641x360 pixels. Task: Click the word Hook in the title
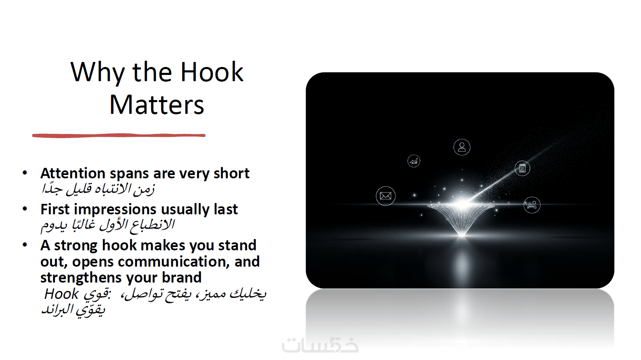point(212,72)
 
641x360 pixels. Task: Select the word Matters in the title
point(157,105)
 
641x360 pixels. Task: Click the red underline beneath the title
point(119,135)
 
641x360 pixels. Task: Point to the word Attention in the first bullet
point(73,173)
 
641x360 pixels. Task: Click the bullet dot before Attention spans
point(25,173)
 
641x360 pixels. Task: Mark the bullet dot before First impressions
point(25,209)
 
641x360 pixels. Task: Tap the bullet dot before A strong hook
point(25,245)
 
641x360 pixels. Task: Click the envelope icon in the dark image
point(386,196)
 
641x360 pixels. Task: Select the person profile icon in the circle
point(462,147)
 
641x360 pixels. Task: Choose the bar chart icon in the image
point(414,161)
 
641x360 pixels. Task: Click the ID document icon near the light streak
point(522,168)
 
